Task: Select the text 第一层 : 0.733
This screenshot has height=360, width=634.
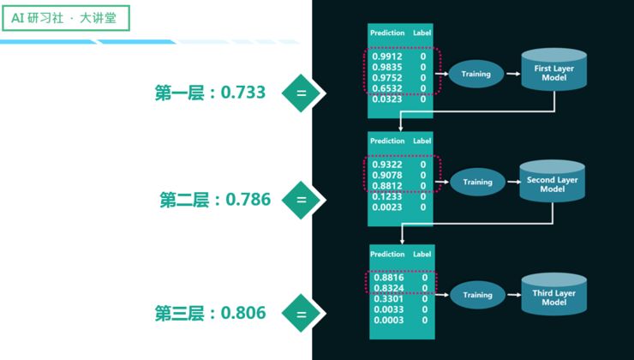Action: (x=210, y=93)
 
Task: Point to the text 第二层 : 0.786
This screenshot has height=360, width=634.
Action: (x=214, y=200)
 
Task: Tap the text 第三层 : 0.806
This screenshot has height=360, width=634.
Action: (x=210, y=313)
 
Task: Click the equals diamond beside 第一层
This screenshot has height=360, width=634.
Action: (x=301, y=93)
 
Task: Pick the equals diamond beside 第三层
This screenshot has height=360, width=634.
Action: (x=301, y=313)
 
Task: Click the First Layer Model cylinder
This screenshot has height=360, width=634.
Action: (x=554, y=72)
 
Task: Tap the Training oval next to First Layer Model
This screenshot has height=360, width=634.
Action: (x=475, y=74)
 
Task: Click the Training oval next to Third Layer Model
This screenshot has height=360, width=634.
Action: (x=477, y=295)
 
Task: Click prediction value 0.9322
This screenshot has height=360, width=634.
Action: (x=386, y=164)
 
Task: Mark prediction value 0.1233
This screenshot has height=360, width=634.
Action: (x=386, y=196)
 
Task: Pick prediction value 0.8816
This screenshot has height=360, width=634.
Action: (x=389, y=278)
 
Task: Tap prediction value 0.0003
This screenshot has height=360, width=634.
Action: (x=389, y=320)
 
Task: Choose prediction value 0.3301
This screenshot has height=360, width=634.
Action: (x=389, y=299)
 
